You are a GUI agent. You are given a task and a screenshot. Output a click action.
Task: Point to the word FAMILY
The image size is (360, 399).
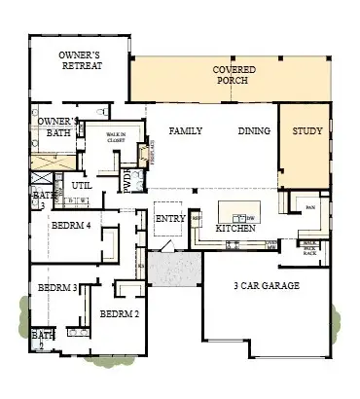click(x=185, y=130)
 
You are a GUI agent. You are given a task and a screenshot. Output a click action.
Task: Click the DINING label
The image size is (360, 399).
click(x=253, y=130)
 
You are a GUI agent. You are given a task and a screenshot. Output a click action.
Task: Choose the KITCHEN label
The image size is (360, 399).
click(x=235, y=227)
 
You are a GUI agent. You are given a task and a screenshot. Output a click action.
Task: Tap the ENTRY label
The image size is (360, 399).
click(x=170, y=218)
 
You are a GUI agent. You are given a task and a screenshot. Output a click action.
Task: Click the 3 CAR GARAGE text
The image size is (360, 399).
click(x=266, y=286)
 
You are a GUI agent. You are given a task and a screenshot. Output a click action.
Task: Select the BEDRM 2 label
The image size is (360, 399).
click(x=120, y=313)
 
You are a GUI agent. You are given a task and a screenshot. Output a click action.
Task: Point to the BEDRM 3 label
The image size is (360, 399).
click(x=57, y=288)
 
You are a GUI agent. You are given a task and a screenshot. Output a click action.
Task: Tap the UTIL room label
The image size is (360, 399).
click(x=81, y=184)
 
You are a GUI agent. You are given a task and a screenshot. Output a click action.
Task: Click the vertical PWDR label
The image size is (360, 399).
click(x=126, y=181)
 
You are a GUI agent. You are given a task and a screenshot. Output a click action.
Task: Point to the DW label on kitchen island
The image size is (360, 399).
click(x=250, y=217)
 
